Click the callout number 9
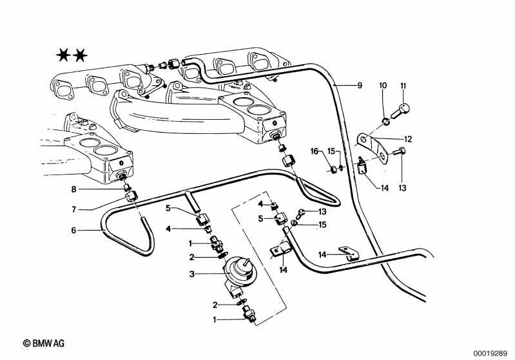360,86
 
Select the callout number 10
384,86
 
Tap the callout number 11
403,86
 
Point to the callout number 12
407,139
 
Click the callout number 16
315,151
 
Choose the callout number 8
73,189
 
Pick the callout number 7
73,209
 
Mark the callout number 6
73,231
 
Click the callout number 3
192,274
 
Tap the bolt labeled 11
401,111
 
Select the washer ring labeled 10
387,122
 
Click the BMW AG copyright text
44,344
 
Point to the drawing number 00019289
491,354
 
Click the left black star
63,55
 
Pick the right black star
80,55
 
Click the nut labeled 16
333,169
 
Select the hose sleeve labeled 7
131,198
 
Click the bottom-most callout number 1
215,319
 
